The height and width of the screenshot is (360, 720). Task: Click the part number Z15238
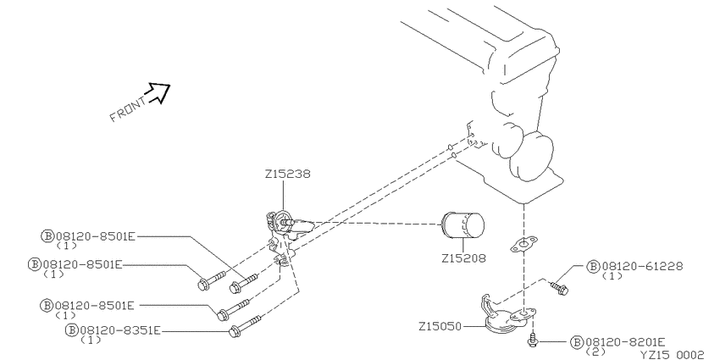[287, 174]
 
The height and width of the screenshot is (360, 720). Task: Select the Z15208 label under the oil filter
[463, 258]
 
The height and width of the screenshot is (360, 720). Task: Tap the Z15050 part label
[440, 326]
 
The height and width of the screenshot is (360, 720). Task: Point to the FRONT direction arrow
[159, 93]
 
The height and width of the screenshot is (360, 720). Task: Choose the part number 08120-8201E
[624, 342]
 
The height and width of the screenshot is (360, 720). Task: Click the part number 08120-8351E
[120, 330]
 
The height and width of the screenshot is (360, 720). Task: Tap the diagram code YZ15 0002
[673, 355]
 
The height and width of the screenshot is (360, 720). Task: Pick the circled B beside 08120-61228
[593, 266]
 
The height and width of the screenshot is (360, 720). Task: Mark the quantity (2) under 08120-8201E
[596, 352]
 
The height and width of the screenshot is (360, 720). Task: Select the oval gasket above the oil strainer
[523, 245]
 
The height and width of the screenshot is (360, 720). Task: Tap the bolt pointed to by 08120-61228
[560, 288]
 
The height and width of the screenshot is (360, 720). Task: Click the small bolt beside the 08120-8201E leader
[533, 341]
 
